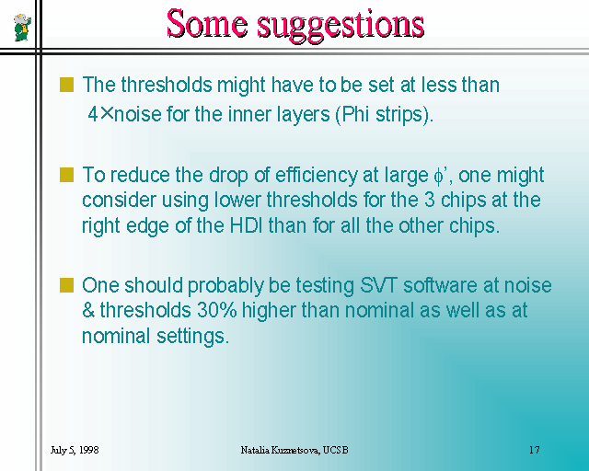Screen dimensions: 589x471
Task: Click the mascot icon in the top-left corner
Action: click(22, 27)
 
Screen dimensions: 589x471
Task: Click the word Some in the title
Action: click(208, 23)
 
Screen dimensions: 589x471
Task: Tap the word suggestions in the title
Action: click(341, 26)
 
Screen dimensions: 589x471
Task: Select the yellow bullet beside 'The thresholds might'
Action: click(66, 85)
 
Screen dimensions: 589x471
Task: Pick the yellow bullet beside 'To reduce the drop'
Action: click(66, 175)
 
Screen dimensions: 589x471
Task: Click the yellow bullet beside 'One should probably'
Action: click(66, 285)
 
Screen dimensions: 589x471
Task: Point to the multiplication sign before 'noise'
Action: click(107, 113)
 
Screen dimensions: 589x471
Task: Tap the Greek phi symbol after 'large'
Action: click(438, 177)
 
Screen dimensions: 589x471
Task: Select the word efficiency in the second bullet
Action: click(317, 176)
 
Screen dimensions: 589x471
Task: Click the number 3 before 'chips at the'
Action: click(430, 200)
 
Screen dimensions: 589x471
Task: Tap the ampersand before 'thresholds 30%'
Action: click(88, 311)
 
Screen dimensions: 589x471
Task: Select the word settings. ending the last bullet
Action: click(192, 337)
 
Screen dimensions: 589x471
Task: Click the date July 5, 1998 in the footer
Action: click(75, 450)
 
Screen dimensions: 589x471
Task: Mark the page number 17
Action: click(535, 450)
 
